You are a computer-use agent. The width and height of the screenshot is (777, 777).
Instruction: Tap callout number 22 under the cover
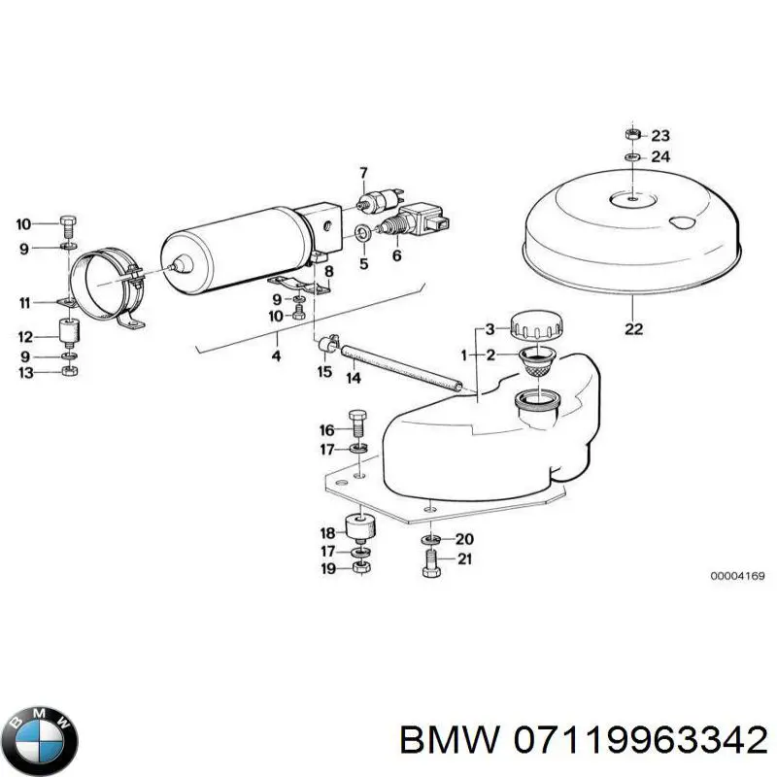pos(633,329)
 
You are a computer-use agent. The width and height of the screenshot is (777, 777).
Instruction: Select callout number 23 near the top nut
pos(660,136)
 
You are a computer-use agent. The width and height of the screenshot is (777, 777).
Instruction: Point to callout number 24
pos(660,156)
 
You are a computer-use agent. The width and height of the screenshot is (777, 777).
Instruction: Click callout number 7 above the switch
pos(363,174)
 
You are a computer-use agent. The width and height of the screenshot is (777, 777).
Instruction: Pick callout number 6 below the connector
pos(396,255)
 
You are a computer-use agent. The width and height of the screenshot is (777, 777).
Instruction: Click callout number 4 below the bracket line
pos(276,356)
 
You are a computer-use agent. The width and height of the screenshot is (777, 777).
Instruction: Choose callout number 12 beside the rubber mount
pos(25,337)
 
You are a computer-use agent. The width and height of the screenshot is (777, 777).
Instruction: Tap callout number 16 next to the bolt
pos(327,430)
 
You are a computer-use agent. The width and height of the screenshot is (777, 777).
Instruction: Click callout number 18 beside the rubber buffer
pos(327,533)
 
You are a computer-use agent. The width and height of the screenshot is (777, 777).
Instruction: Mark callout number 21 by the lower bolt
pos(463,557)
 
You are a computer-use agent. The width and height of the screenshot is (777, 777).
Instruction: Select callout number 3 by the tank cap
pos(490,327)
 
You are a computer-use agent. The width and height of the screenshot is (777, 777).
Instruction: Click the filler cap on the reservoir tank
pos(537,324)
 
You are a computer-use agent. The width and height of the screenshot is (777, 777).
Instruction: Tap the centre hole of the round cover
pos(630,199)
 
